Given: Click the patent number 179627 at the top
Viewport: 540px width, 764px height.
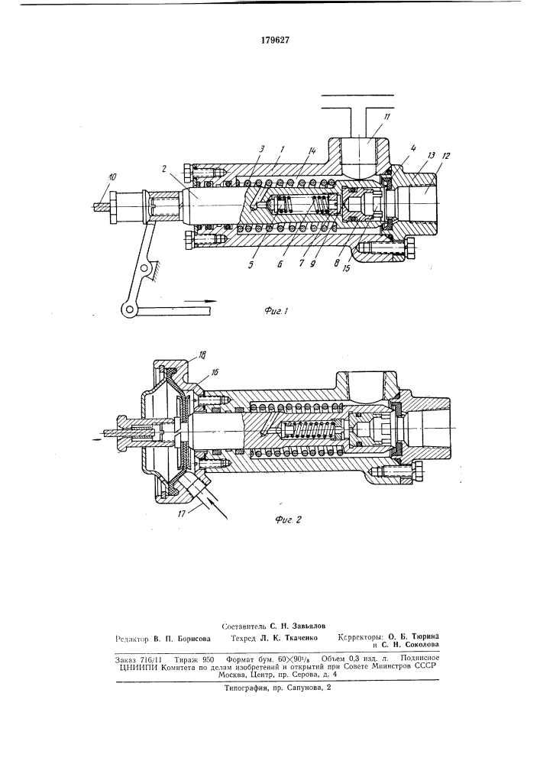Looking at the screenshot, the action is (x=275, y=40).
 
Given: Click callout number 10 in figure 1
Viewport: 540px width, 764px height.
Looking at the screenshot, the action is (x=112, y=177).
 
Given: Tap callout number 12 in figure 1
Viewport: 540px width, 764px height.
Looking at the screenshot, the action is (x=446, y=156).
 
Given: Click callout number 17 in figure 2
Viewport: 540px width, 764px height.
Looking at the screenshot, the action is (x=181, y=513).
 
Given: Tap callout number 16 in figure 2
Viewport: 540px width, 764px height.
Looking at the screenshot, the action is (x=215, y=372).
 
